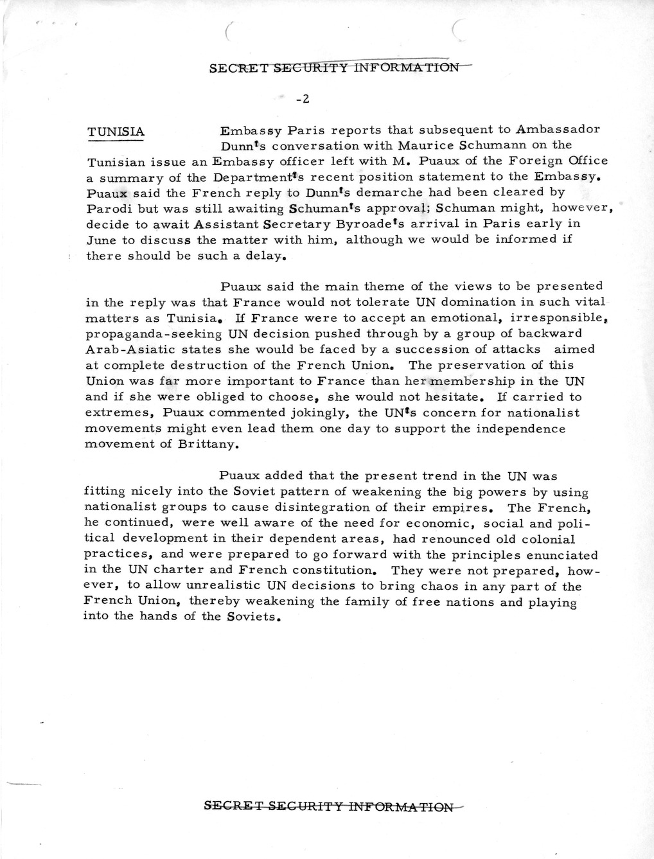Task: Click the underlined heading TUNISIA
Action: tap(116, 132)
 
